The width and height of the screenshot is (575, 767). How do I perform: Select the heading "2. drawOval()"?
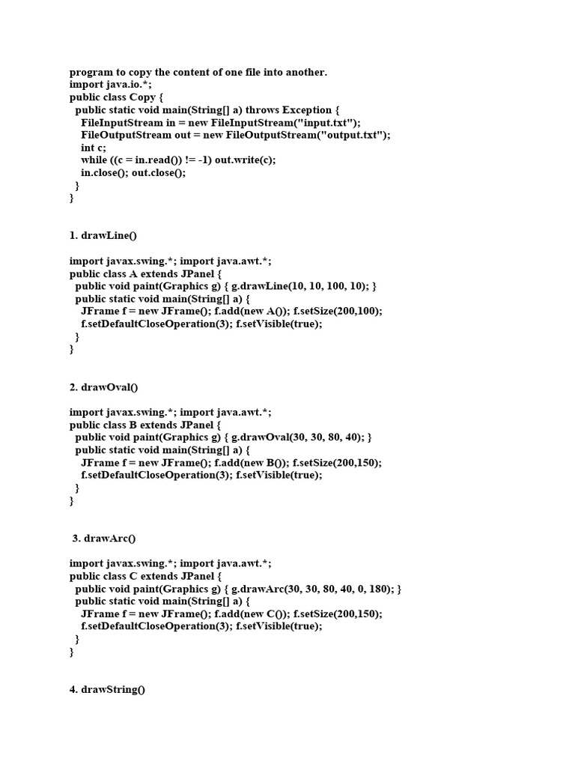(104, 387)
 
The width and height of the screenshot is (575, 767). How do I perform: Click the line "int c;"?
(94, 148)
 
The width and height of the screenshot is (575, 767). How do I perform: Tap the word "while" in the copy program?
(94, 160)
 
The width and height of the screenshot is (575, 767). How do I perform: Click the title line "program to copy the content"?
(198, 73)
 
